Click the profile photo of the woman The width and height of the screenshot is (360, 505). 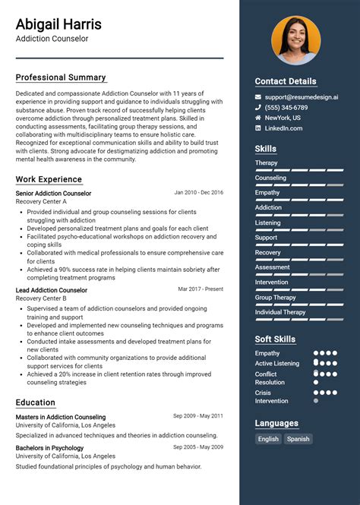click(x=295, y=41)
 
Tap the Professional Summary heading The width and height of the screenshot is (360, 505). click(x=61, y=77)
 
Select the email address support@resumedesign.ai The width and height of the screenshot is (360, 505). click(x=302, y=97)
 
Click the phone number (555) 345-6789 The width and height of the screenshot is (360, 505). click(x=286, y=108)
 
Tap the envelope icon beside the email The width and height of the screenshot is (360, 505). click(x=258, y=97)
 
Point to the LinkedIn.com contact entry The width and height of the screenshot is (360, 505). click(x=283, y=128)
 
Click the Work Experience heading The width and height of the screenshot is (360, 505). click(x=49, y=179)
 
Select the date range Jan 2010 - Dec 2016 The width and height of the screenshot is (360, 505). click(x=199, y=193)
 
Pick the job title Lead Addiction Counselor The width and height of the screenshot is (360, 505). click(x=52, y=290)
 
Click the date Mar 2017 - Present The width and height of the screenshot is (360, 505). click(x=201, y=289)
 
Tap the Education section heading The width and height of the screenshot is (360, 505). click(x=36, y=402)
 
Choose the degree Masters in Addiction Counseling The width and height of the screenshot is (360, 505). click(x=61, y=417)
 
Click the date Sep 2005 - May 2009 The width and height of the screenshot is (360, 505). click(x=198, y=448)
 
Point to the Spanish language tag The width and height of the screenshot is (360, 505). click(x=298, y=439)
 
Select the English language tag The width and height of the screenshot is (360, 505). click(x=268, y=439)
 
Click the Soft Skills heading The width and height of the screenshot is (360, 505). click(x=275, y=339)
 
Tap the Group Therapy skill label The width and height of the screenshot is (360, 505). click(x=275, y=298)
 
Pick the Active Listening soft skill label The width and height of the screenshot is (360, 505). click(x=277, y=364)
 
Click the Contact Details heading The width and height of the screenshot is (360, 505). click(x=286, y=81)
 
